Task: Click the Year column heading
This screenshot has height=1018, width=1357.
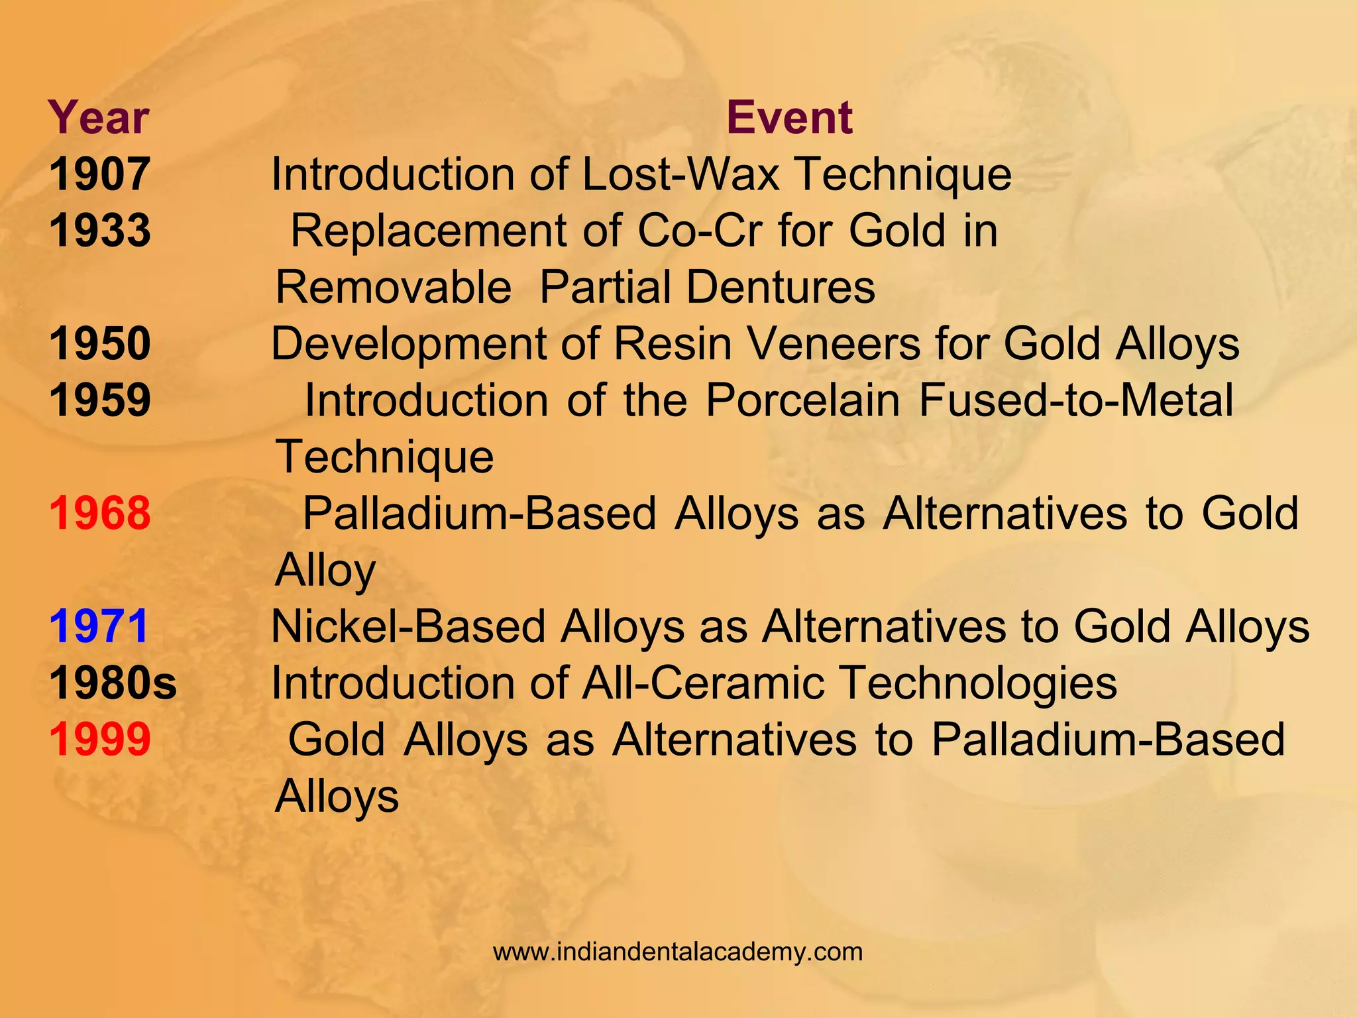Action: (x=99, y=117)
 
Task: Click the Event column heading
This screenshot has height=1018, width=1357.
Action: (x=788, y=117)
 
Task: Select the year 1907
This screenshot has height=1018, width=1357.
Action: (x=99, y=174)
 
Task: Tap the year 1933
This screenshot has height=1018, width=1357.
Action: (x=100, y=231)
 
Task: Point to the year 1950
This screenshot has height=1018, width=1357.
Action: (x=100, y=343)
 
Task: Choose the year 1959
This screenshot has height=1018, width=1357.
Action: (x=100, y=400)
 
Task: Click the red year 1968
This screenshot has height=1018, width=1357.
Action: (x=100, y=513)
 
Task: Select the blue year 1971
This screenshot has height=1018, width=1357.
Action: (x=99, y=626)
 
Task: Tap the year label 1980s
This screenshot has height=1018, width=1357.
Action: (x=113, y=683)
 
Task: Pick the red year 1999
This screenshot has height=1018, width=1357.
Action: (x=100, y=739)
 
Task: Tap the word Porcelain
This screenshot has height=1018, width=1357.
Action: (x=802, y=400)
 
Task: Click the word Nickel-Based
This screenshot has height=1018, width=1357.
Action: (x=408, y=626)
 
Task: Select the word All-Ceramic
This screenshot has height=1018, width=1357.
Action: (x=703, y=683)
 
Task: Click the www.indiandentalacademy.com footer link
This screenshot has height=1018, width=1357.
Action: (x=678, y=952)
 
